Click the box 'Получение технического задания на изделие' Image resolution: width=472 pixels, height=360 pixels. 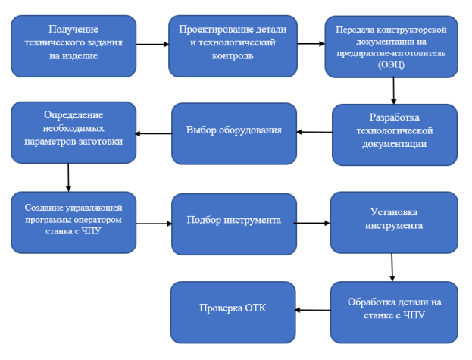pyautogui.click(x=73, y=46)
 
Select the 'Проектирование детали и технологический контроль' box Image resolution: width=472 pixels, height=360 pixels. pyautogui.click(x=233, y=46)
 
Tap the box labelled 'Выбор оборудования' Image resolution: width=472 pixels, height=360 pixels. pyautogui.click(x=234, y=133)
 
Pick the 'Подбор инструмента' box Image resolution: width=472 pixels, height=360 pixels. pyautogui.click(x=234, y=224)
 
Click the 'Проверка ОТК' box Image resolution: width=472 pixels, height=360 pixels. pyautogui.click(x=233, y=312)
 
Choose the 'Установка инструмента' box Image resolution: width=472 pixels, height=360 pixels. pyautogui.click(x=394, y=222)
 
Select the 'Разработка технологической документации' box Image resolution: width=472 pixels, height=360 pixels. pyautogui.click(x=395, y=135)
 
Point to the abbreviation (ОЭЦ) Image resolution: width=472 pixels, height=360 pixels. pyautogui.click(x=392, y=64)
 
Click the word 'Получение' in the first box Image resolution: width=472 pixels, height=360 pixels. pyautogui.click(x=73, y=30)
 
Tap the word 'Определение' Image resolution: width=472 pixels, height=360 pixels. pyautogui.click(x=73, y=115)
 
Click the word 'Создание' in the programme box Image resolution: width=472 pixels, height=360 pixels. pyautogui.click(x=44, y=208)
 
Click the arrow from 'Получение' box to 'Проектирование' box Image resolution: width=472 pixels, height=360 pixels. pyautogui.click(x=152, y=44)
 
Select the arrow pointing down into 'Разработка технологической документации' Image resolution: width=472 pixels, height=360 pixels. pyautogui.click(x=393, y=91)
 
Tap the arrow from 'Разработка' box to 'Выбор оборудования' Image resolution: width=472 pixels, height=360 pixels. pyautogui.click(x=314, y=132)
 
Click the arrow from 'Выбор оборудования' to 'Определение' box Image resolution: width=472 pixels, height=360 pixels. pyautogui.click(x=153, y=133)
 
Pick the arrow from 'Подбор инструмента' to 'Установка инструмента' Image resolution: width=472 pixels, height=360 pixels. pyautogui.click(x=312, y=223)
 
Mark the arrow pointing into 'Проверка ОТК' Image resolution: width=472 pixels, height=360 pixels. pyautogui.click(x=312, y=310)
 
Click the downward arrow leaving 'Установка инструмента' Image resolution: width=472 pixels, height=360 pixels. pyautogui.click(x=392, y=268)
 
